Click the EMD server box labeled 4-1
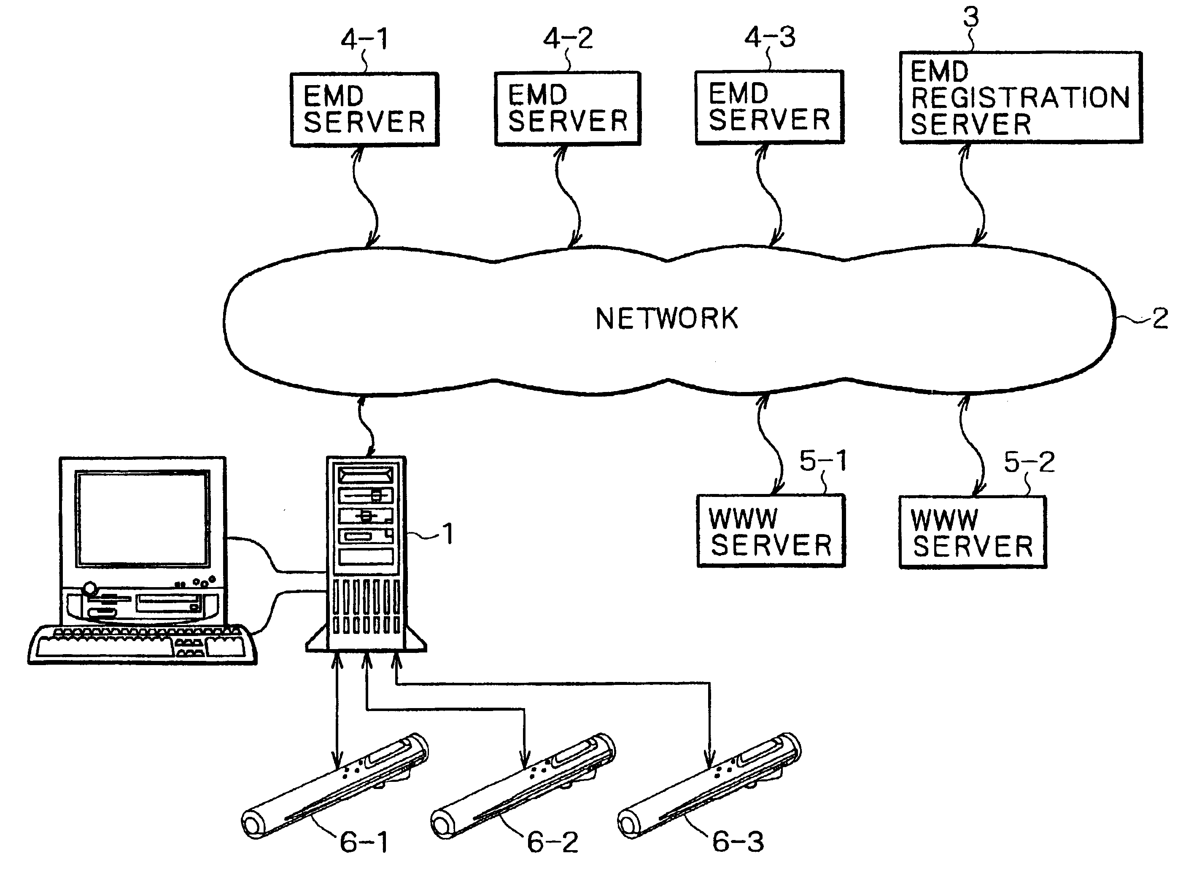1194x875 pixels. [365, 109]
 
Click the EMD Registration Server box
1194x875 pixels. [1021, 97]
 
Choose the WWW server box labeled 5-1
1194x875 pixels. [771, 531]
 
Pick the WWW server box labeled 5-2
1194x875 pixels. [973, 532]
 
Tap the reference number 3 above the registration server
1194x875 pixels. [970, 17]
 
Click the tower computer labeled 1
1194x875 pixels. [366, 553]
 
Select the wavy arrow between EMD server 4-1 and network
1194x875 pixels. [366, 196]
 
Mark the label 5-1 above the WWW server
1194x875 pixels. [823, 461]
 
